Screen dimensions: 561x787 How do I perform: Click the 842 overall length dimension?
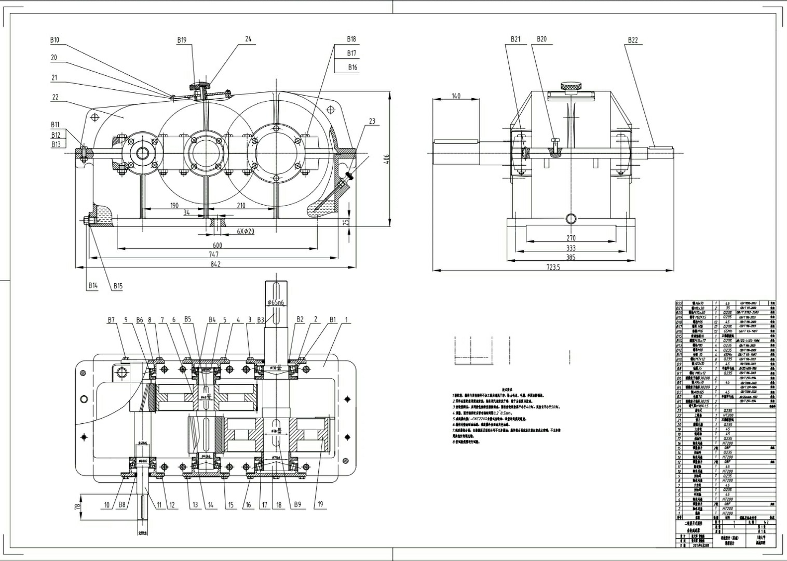point(215,264)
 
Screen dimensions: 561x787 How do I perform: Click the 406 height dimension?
point(385,159)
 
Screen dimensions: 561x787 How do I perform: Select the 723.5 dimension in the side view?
point(553,267)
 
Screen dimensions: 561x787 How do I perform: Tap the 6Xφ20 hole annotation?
point(246,231)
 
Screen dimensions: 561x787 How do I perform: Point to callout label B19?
point(182,40)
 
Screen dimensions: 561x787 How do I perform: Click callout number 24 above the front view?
point(248,39)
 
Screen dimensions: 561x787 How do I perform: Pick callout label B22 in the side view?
point(633,40)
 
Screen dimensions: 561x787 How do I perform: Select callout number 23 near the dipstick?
point(372,121)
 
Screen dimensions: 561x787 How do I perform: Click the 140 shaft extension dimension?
point(456,96)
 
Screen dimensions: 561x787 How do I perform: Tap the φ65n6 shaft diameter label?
point(276,302)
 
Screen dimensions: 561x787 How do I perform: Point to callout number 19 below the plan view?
point(320,504)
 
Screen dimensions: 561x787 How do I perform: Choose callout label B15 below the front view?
point(118,286)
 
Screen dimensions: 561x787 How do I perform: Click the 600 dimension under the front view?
point(217,245)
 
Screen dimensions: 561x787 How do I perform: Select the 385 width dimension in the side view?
point(571,257)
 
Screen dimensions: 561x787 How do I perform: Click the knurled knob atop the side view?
point(571,86)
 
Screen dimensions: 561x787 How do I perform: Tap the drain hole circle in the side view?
point(571,218)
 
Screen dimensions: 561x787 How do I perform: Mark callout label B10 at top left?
point(55,40)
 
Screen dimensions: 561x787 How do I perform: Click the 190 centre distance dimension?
point(174,206)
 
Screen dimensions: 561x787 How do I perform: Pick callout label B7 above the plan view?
point(111,320)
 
